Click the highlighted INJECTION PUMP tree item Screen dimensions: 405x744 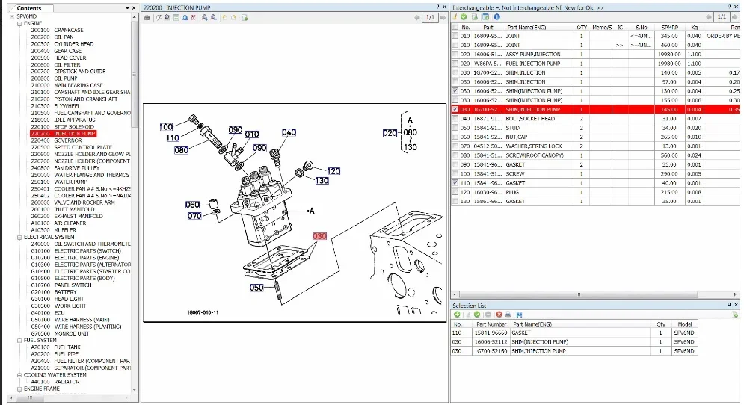(74, 134)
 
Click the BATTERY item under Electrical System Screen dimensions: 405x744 (65, 292)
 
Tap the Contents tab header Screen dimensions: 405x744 (29, 8)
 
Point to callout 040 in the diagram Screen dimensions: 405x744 (289, 132)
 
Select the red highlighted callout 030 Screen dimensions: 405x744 (320, 236)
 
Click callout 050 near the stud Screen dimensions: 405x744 (256, 287)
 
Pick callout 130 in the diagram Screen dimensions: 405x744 (322, 181)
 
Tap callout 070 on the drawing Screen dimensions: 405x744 (194, 216)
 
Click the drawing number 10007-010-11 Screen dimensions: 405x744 (203, 312)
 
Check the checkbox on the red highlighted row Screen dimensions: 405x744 (455, 109)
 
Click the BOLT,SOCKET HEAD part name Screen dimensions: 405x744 (530, 119)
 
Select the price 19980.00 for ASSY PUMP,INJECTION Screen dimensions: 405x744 (668, 54)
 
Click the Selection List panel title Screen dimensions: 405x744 (470, 306)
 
